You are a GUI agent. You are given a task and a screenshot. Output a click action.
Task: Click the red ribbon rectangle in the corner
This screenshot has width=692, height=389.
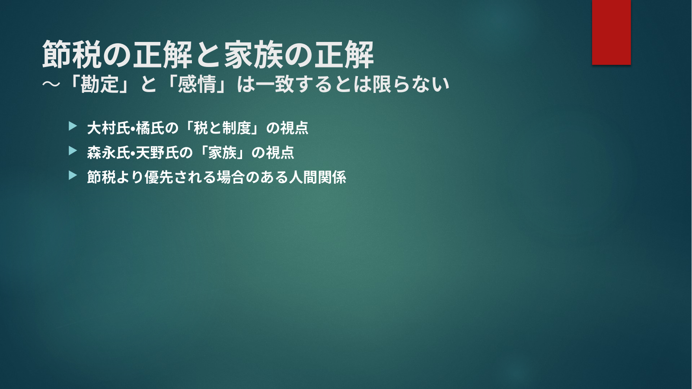(611, 32)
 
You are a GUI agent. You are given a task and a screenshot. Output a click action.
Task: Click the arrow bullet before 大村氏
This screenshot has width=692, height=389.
(73, 126)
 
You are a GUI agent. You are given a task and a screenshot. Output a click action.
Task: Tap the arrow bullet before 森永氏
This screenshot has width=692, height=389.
(73, 151)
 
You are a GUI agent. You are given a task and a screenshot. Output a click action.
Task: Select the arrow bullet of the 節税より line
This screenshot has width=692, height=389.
(73, 175)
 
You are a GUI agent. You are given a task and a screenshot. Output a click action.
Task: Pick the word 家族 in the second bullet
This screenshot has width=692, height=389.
(222, 153)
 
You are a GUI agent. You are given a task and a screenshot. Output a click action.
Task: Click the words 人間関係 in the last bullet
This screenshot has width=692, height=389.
(318, 177)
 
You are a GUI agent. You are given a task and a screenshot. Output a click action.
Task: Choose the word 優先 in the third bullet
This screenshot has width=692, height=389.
(159, 177)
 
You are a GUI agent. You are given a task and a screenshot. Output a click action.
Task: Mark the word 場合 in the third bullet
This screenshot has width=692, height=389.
(230, 177)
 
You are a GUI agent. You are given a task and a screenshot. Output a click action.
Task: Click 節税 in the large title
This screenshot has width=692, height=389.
(72, 54)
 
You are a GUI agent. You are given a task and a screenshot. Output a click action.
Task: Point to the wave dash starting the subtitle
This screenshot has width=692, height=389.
(51, 84)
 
